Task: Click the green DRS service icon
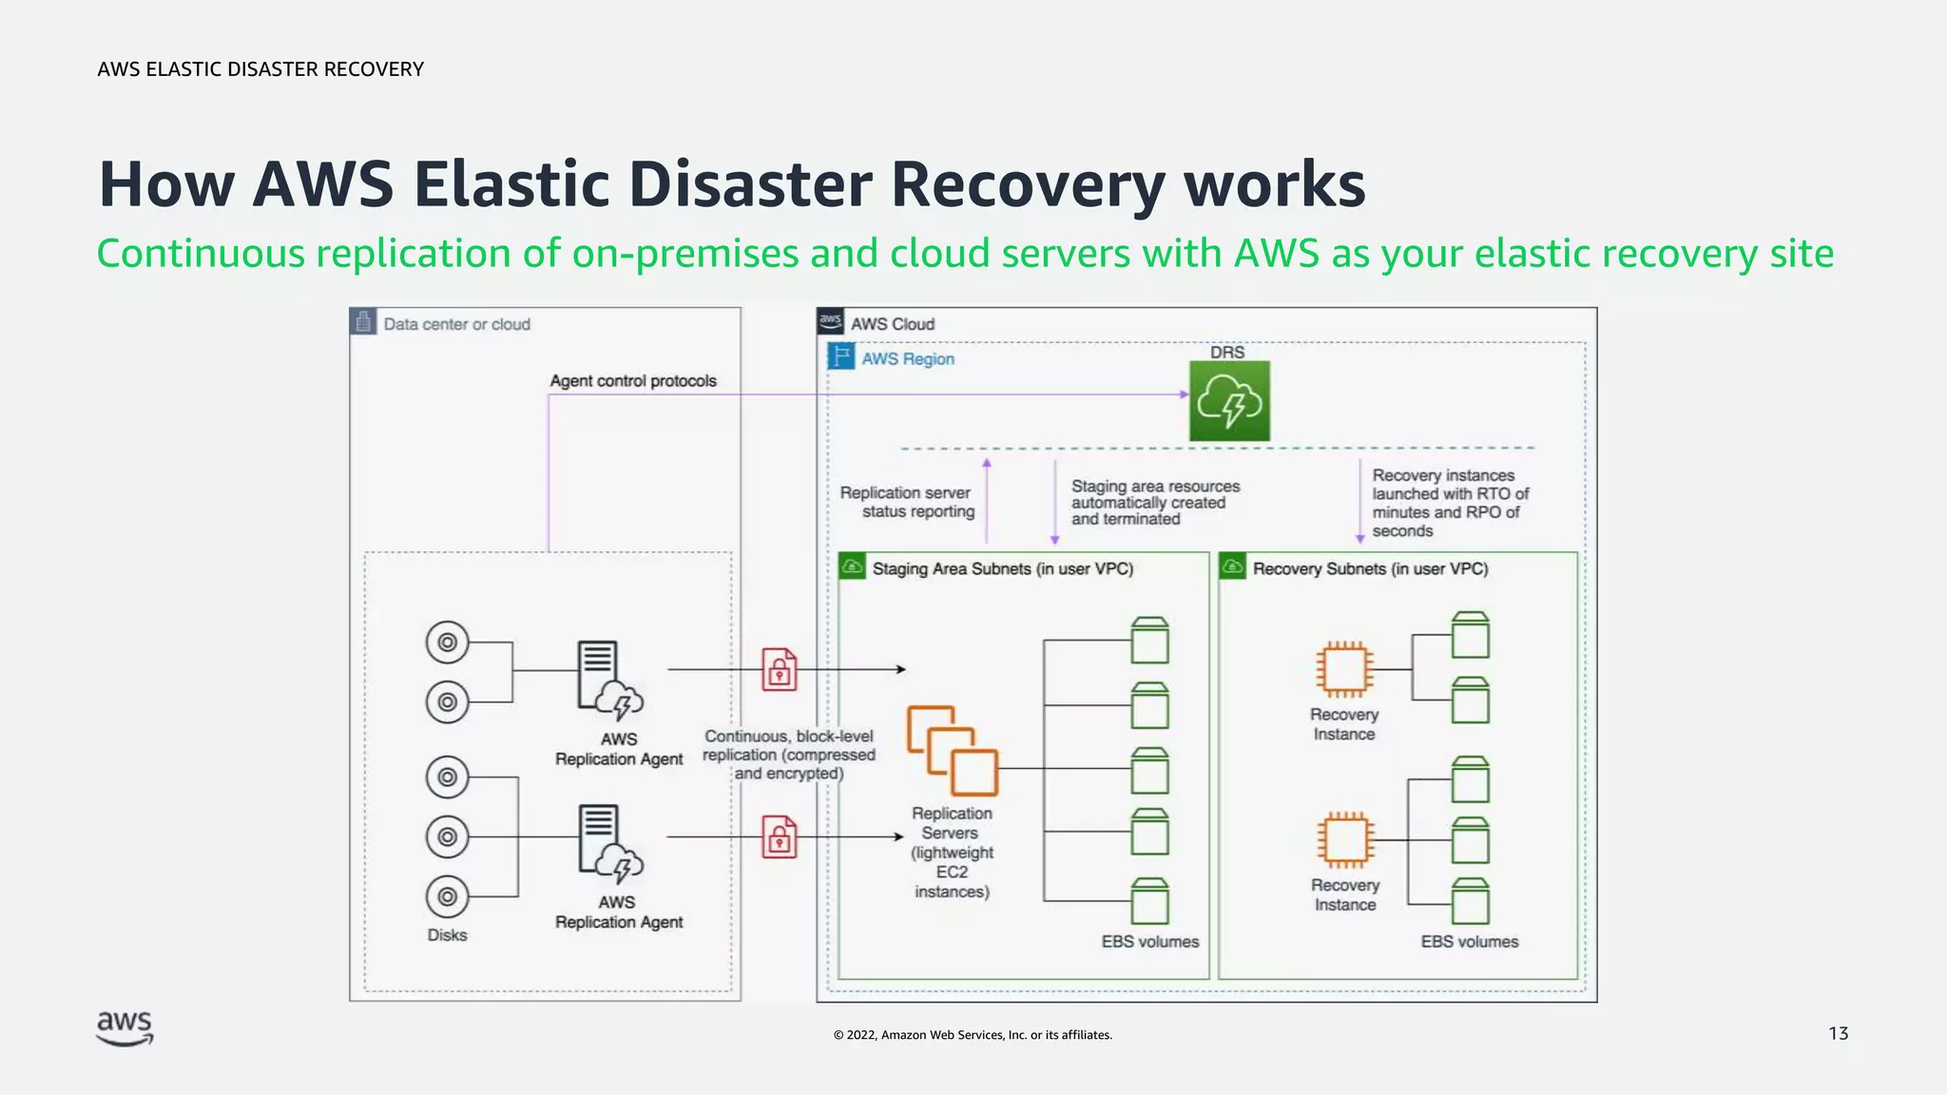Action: coord(1229,401)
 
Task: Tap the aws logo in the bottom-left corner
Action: coord(125,1028)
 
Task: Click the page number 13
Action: coord(1838,1033)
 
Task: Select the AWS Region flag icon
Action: coord(840,357)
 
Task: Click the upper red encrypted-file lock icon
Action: coord(780,669)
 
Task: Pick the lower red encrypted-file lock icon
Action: coord(780,836)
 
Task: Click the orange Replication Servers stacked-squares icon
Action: coord(952,750)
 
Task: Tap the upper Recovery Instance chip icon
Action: coord(1343,668)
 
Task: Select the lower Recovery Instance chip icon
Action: coord(1344,839)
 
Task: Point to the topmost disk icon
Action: coord(447,643)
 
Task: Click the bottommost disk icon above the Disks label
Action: coord(447,896)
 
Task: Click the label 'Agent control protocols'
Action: coord(633,381)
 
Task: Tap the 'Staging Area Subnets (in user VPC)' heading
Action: coord(1002,568)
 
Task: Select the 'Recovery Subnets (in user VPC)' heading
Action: coord(1369,568)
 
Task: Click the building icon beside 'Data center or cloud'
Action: coord(362,322)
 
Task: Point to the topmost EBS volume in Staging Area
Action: coord(1149,640)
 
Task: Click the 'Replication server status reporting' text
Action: coord(907,502)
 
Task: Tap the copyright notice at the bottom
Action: coord(973,1035)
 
